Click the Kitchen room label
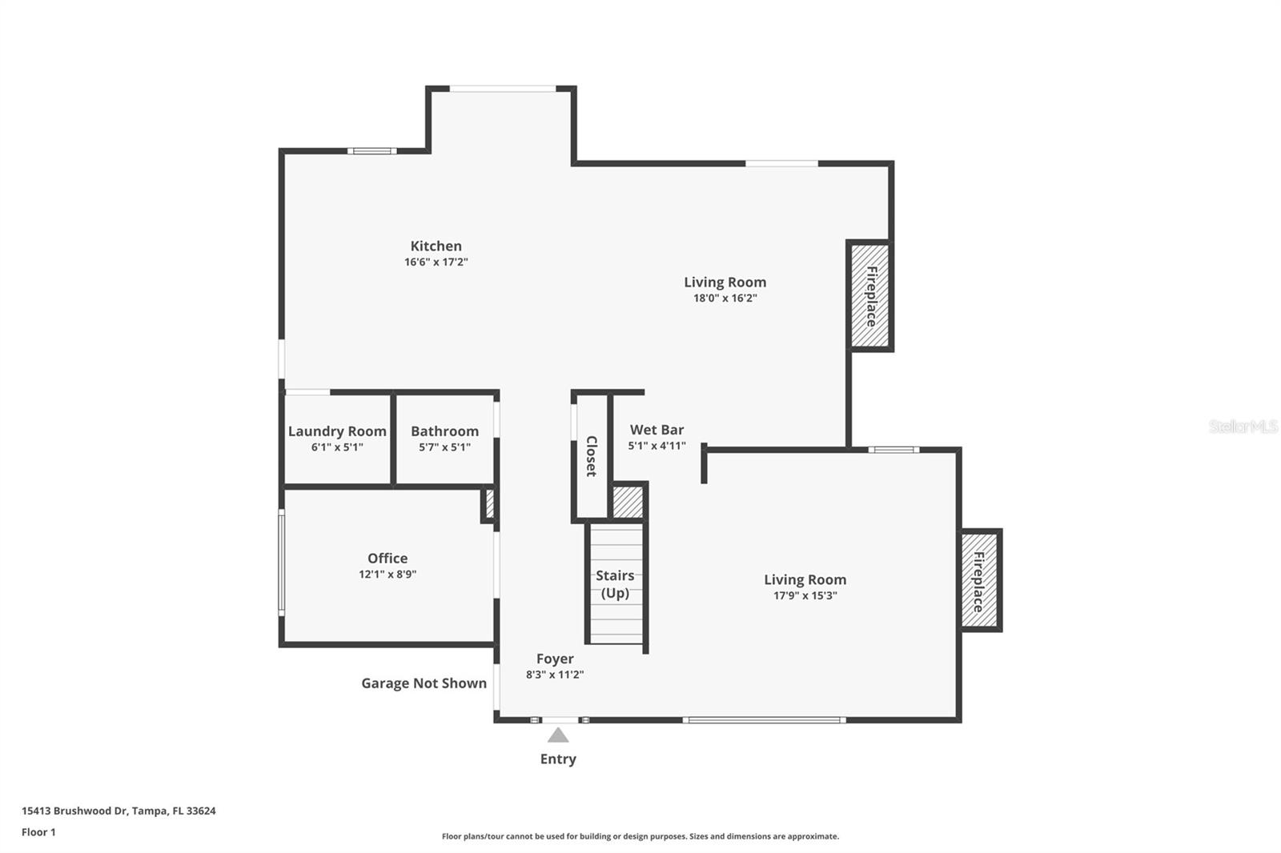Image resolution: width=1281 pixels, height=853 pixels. pos(436,246)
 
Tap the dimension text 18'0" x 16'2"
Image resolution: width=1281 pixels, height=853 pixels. pos(725,298)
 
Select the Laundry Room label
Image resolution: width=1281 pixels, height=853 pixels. pos(337,431)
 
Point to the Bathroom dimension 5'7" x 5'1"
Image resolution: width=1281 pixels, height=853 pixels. pos(444,447)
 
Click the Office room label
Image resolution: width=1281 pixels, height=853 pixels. pos(388,559)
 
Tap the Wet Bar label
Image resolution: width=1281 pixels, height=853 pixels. pos(657,430)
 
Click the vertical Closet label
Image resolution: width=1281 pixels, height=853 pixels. pos(592,456)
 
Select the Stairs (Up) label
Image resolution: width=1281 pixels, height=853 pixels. pos(615,584)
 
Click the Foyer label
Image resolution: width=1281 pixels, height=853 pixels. pos(555,659)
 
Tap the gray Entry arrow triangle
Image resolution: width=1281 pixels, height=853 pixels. pos(558,735)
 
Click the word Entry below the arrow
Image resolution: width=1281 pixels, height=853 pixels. pos(558,759)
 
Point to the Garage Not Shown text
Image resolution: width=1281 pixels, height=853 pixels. pos(424,683)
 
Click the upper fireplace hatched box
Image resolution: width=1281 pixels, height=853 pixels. pos(870,295)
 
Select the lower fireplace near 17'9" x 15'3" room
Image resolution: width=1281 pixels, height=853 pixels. pos(979,580)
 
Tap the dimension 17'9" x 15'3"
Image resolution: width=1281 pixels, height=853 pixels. pos(805,596)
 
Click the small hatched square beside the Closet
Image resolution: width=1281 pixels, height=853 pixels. pos(628,502)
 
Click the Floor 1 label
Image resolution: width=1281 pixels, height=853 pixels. pos(38,832)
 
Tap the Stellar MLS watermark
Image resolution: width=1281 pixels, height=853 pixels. pos(1243,426)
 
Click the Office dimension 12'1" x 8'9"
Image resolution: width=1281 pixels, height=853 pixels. pos(388,575)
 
